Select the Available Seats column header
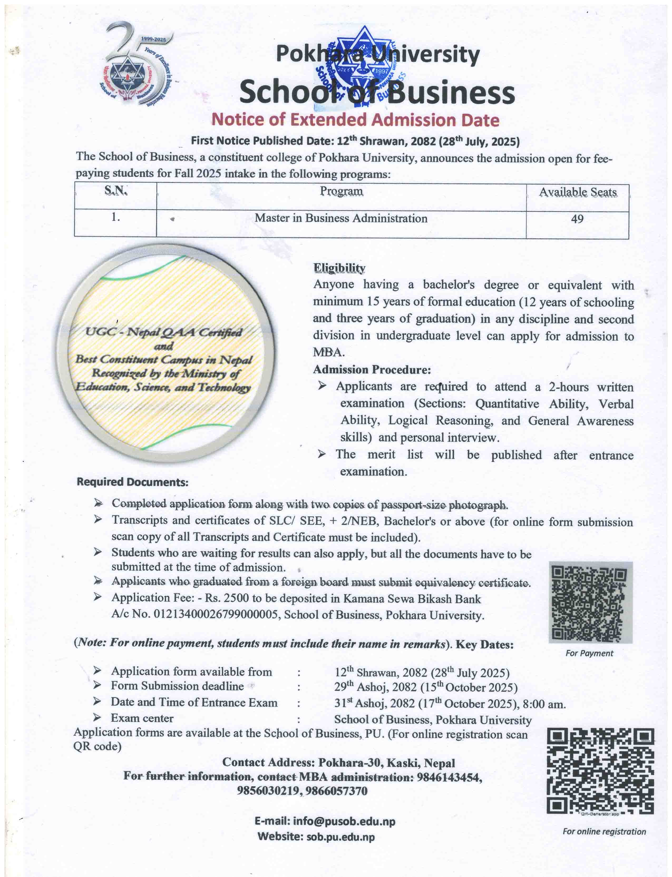click(x=578, y=192)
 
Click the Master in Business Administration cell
click(x=341, y=218)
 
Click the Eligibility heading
click(x=339, y=268)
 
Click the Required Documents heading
click(x=132, y=482)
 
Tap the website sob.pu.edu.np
click(x=340, y=837)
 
